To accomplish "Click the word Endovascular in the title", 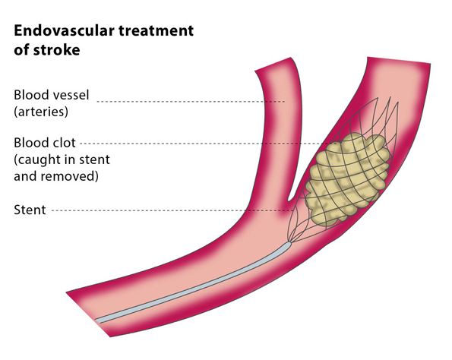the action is coord(65,30).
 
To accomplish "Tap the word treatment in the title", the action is coord(156,31).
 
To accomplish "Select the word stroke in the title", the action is coord(56,50).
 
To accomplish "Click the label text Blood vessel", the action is coord(52,95).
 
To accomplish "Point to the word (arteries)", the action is coord(41,112).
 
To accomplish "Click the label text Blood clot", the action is coord(45,143).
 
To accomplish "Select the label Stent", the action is coord(30,210).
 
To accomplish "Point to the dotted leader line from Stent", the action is coord(173,210).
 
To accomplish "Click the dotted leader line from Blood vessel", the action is coord(191,102).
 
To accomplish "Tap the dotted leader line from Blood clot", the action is coord(208,144).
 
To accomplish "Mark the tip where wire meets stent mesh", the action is coord(290,243).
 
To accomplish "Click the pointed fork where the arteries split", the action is coord(289,200).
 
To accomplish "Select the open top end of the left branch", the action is coord(273,64).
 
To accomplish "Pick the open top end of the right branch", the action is coord(399,60).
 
